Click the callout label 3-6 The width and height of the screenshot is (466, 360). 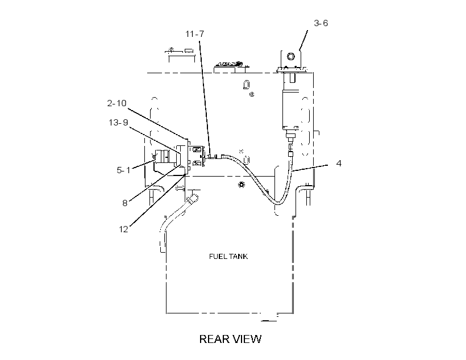pos(321,23)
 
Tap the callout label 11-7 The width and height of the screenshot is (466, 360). pos(195,34)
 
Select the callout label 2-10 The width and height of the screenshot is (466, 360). pos(117,103)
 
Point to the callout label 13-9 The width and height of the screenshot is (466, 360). pos(118,123)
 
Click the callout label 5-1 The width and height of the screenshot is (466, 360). pos(123,170)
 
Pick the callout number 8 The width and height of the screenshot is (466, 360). pos(125,203)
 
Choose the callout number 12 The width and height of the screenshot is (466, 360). pos(123,229)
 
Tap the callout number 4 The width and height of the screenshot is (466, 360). pos(339,163)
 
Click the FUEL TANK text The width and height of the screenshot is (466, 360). pos(228,256)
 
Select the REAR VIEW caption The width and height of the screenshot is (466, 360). pos(230,339)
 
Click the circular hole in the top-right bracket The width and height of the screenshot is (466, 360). pos(290,56)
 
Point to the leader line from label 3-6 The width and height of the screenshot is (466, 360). pos(303,40)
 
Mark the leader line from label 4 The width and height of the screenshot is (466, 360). pos(310,168)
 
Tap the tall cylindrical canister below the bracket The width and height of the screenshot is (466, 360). pos(290,110)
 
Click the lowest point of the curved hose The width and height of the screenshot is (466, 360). pos(278,204)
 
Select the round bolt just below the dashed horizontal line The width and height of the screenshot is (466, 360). pos(242,185)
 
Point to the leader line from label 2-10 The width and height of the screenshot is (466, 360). pos(159,124)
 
